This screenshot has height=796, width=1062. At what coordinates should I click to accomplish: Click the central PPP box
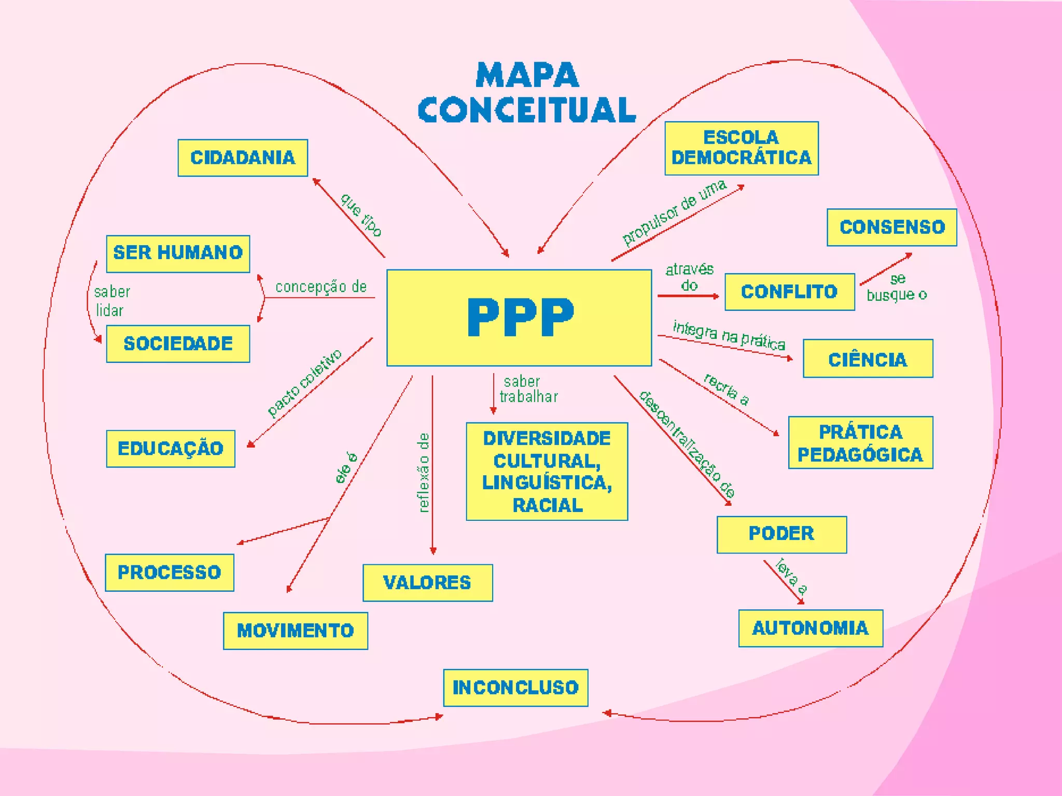(x=519, y=318)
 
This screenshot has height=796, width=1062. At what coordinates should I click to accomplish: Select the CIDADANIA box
(x=243, y=158)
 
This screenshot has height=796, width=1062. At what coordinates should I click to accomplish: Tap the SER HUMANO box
(x=178, y=253)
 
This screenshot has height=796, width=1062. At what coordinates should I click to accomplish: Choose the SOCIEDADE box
(x=178, y=344)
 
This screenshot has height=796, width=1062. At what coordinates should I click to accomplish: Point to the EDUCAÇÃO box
(x=171, y=448)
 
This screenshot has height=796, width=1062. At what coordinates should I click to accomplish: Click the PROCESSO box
(x=170, y=572)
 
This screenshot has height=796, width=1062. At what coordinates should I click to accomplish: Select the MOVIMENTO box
(x=296, y=631)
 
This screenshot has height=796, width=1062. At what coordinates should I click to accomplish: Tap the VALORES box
(x=427, y=582)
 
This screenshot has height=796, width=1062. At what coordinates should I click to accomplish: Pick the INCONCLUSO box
(x=515, y=688)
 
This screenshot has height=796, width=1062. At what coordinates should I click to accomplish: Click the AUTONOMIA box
(x=811, y=628)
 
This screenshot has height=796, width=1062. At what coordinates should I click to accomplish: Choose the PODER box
(x=781, y=534)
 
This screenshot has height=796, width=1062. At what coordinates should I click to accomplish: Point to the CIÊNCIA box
(x=868, y=359)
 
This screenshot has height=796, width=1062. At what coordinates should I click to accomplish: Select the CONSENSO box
(x=892, y=227)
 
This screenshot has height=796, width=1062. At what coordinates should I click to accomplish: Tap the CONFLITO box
(x=789, y=292)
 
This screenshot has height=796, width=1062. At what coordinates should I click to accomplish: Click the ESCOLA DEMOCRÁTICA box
(x=742, y=148)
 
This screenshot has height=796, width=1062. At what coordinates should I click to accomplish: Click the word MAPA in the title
(x=527, y=76)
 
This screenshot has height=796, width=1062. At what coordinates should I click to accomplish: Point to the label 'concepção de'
(x=321, y=287)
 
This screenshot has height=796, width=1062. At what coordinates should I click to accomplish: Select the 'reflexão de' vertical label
(x=424, y=472)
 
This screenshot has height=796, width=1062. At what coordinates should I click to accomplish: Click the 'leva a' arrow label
(x=791, y=575)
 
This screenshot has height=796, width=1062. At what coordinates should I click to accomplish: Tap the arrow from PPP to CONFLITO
(x=688, y=296)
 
